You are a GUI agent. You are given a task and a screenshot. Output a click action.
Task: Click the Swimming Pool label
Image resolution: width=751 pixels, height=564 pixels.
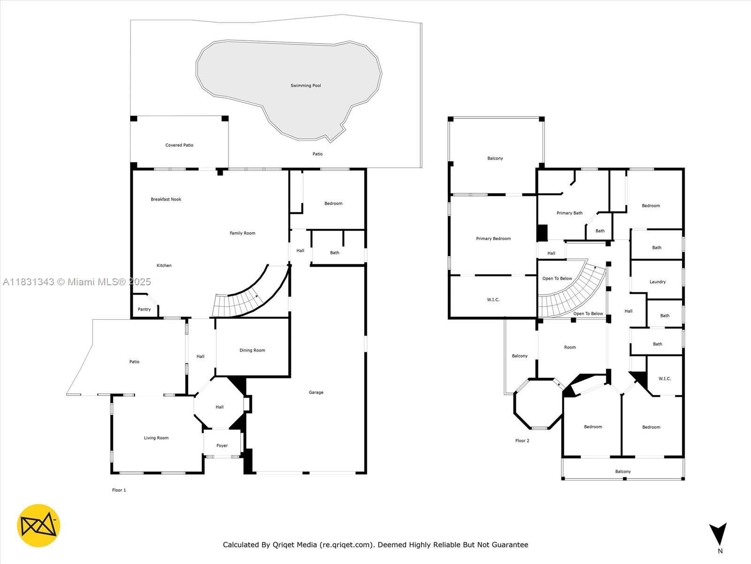pyautogui.click(x=306, y=86)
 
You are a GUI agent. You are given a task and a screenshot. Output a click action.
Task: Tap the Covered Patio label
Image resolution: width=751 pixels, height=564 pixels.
pyautogui.click(x=179, y=145)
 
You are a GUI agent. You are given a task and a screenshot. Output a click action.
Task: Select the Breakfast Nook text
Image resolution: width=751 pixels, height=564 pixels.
pyautogui.click(x=166, y=199)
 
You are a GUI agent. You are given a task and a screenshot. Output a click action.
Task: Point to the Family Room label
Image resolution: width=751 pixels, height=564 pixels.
pyautogui.click(x=242, y=233)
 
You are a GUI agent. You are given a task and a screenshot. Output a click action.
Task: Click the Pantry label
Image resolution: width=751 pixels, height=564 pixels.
pyautogui.click(x=144, y=309)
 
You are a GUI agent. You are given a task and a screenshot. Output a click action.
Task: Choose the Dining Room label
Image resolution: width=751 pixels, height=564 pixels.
pyautogui.click(x=252, y=350)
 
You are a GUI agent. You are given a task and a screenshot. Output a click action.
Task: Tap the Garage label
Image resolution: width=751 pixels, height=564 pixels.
pyautogui.click(x=316, y=392)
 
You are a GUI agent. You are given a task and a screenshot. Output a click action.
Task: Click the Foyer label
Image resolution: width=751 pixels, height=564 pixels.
pyautogui.click(x=222, y=446)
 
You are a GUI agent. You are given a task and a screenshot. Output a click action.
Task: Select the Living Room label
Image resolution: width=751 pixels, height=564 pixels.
pyautogui.click(x=156, y=438)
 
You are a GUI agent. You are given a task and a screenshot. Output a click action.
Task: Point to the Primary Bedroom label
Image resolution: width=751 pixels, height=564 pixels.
pyautogui.click(x=493, y=239)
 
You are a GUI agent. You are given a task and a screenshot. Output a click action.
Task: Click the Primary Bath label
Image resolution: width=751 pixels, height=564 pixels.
pyautogui.click(x=569, y=213)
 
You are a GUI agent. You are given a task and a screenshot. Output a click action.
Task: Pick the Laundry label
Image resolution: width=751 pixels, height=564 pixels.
pyautogui.click(x=658, y=282)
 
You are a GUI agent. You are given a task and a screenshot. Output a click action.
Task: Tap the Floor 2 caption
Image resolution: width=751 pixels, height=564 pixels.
pyautogui.click(x=522, y=441)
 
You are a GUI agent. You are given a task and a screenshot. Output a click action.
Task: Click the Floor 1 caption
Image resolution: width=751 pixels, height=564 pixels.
pyautogui.click(x=119, y=490)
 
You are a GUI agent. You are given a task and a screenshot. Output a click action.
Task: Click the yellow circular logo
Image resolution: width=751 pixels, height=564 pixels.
pyautogui.click(x=38, y=525)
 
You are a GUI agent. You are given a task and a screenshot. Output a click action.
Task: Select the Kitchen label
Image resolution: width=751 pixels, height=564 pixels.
pyautogui.click(x=164, y=266)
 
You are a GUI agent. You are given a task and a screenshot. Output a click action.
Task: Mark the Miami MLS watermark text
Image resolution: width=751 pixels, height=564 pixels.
pyautogui.click(x=77, y=282)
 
